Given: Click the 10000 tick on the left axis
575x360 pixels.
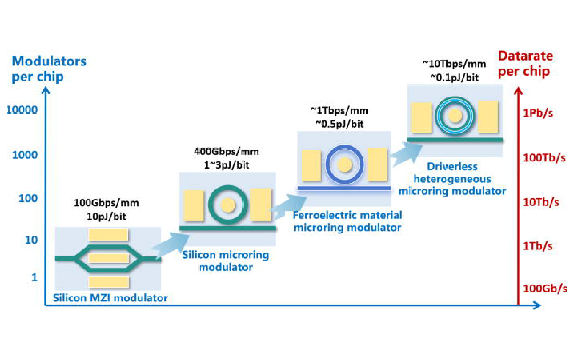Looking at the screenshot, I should [x=22, y=110].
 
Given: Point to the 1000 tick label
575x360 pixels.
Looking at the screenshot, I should [x=25, y=155].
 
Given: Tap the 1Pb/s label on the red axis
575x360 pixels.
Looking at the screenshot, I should [x=538, y=113].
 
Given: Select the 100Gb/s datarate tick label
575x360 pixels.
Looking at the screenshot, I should [x=545, y=288].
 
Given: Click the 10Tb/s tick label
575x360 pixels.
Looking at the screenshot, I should [x=540, y=202].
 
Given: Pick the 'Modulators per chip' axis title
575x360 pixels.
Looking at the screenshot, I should [x=48, y=69].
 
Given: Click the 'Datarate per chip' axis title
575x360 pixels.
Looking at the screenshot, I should [x=525, y=64].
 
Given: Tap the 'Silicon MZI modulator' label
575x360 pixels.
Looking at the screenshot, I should [x=110, y=298].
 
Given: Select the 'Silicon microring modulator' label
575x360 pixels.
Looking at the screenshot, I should [x=225, y=261].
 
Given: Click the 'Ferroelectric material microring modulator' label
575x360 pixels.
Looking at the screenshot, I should [x=347, y=221].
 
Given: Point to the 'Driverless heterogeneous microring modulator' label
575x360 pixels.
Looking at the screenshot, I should [x=452, y=179].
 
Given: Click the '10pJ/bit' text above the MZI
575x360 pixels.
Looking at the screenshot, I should [x=106, y=217].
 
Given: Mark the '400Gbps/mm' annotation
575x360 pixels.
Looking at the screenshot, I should [x=226, y=152].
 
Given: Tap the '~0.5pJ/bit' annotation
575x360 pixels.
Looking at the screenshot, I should [x=339, y=124].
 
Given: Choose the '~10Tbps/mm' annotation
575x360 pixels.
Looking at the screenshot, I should [x=454, y=64].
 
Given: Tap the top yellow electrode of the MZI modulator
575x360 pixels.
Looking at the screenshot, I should [x=108, y=235].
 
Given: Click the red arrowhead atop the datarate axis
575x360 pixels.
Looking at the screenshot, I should [x=518, y=91].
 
